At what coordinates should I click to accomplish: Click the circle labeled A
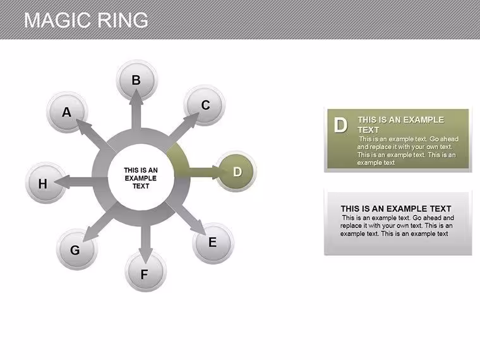point(68,112)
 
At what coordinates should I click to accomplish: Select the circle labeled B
point(137,80)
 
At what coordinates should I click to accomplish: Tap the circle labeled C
point(205,105)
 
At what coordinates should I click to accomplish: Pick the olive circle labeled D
point(236,171)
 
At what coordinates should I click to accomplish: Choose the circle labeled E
point(213,243)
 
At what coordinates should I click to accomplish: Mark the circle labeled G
point(77,249)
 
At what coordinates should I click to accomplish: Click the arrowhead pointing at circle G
point(90,234)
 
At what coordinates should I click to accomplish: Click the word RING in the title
point(123,20)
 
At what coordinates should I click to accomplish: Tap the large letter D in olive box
point(340,125)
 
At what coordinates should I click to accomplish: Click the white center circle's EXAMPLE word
point(140,178)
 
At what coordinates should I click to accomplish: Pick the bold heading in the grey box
point(396,209)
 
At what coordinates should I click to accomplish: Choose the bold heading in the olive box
point(400,124)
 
